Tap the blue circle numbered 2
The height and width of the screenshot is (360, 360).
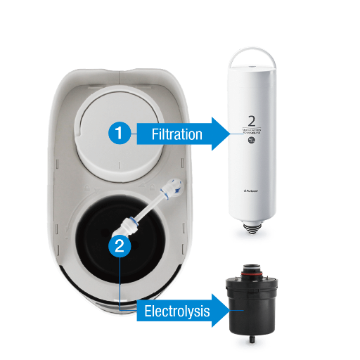tap(121, 245)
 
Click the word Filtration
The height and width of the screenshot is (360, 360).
tap(176, 134)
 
